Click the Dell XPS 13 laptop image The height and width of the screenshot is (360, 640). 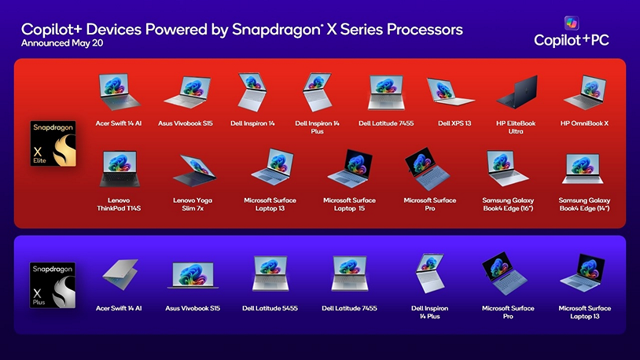[450, 93]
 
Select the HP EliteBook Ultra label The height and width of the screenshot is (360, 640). [516, 127]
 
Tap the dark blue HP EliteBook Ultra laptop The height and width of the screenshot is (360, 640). [517, 92]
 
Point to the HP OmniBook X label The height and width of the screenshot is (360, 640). [584, 123]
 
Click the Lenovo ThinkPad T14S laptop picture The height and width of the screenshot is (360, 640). [119, 168]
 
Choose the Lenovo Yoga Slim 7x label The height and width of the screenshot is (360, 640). [193, 204]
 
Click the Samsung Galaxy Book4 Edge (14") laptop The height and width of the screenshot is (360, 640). [584, 168]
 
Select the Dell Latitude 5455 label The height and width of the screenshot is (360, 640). [270, 308]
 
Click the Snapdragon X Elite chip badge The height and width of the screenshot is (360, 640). [52, 143]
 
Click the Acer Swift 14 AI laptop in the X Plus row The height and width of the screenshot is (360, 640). [119, 276]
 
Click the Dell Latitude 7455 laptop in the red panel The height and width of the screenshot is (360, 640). [385, 93]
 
